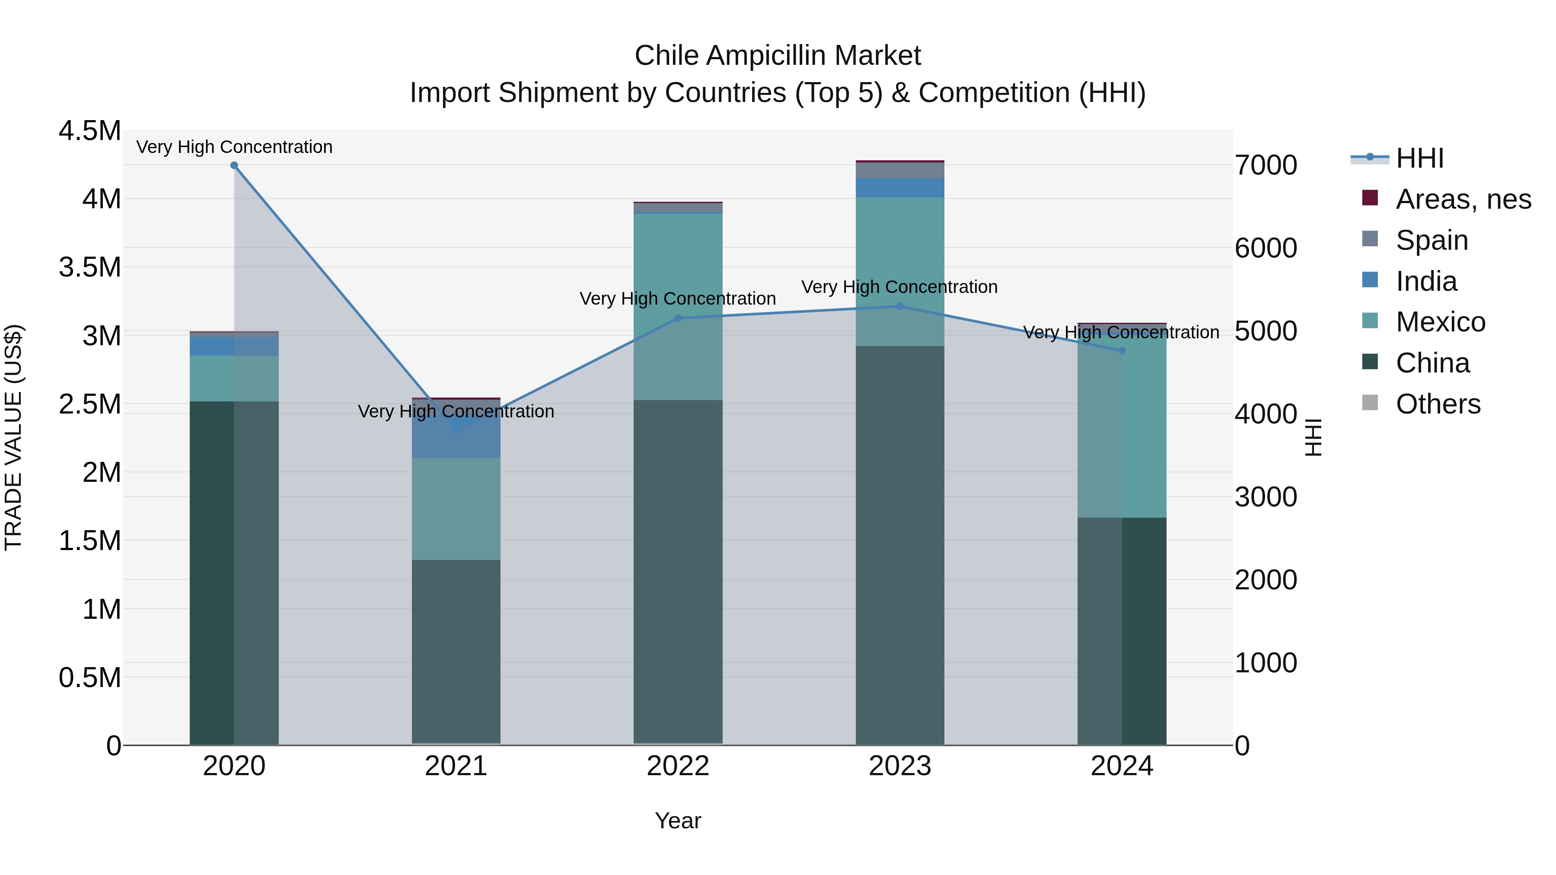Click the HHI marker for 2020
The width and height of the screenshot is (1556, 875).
click(234, 165)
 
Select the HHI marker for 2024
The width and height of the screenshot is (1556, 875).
click(1122, 351)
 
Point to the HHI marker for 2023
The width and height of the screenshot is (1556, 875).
click(900, 307)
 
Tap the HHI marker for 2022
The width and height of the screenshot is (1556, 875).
click(678, 318)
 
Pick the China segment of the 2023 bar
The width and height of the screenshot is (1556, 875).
click(900, 544)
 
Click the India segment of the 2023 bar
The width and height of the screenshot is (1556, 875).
click(900, 188)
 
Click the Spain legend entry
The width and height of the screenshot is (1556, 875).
click(1432, 240)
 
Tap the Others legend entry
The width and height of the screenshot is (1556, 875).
click(1438, 404)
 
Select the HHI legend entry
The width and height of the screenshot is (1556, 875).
click(1419, 158)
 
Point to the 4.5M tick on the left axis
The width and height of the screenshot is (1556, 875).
click(90, 131)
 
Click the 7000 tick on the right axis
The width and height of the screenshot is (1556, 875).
click(1266, 165)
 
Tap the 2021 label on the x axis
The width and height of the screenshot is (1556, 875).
click(456, 766)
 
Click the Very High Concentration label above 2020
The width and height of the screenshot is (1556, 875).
click(234, 147)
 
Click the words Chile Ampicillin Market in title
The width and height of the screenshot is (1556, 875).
click(778, 56)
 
